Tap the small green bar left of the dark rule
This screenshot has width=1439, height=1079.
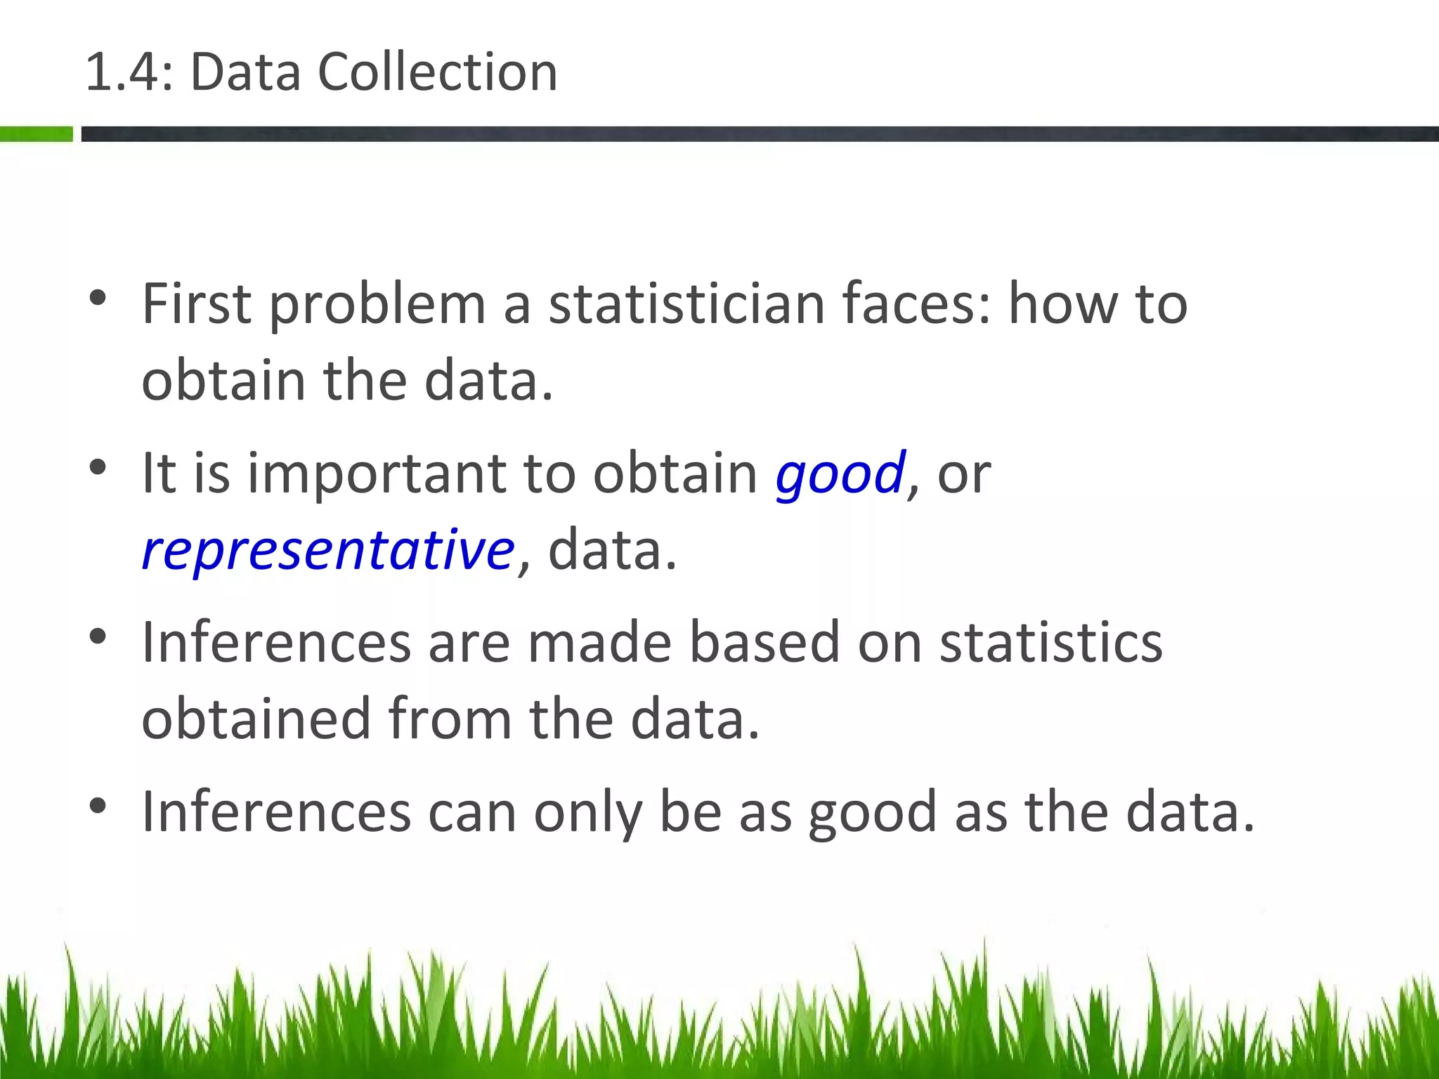[x=37, y=133]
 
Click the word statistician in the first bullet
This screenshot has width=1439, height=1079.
[x=686, y=304]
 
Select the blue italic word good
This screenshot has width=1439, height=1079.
[x=840, y=473]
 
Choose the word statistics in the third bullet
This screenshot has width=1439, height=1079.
[x=1051, y=643]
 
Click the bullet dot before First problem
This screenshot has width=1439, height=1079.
[x=98, y=298]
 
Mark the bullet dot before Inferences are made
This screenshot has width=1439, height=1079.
[x=98, y=636]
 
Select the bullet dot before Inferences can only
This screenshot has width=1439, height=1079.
[x=98, y=806]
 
